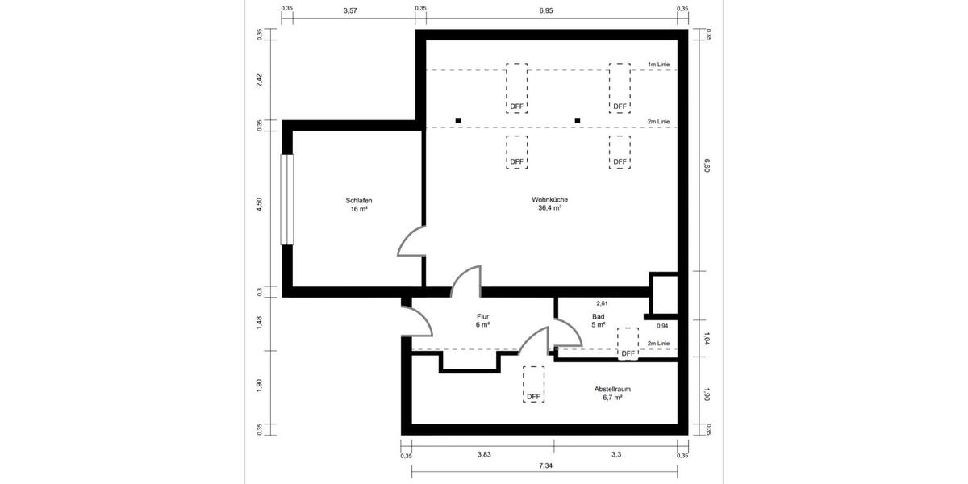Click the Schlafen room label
tap(358, 201)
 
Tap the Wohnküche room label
tap(549, 200)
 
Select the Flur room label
tap(483, 317)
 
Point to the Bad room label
tap(598, 317)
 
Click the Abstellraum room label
tap(611, 389)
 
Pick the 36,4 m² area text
tap(549, 208)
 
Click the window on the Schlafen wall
tap(286, 198)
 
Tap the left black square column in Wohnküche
tap(458, 121)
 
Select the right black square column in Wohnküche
tap(578, 121)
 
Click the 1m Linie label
tap(658, 65)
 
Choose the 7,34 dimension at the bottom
tap(545, 467)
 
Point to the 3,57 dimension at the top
tap(350, 10)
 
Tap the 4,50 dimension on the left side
tap(260, 205)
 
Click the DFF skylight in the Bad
tap(628, 342)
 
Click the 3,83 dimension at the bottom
tap(483, 455)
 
